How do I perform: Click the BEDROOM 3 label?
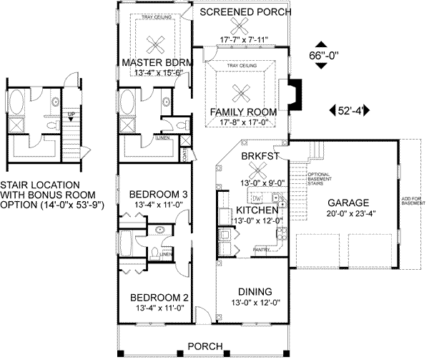(x=158, y=194)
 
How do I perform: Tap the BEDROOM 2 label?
(x=158, y=298)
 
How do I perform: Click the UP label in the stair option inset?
(x=70, y=114)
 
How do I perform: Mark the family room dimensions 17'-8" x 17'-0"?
(x=243, y=122)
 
